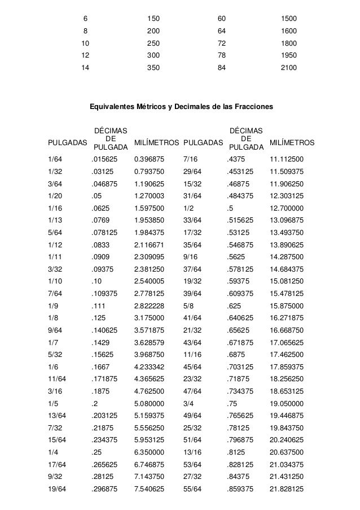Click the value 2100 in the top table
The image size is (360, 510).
(289, 67)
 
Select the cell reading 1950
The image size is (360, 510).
(289, 55)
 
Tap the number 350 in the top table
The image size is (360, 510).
(153, 67)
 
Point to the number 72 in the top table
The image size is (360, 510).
(221, 43)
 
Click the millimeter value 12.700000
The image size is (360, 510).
(287, 208)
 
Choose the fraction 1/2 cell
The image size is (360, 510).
(189, 208)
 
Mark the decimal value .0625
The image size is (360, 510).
(102, 208)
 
